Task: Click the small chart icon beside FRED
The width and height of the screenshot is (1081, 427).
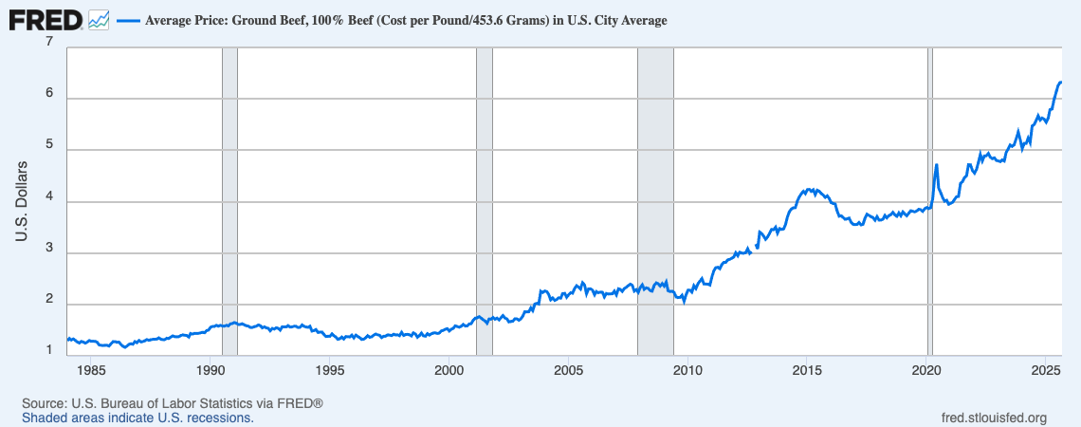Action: click(99, 19)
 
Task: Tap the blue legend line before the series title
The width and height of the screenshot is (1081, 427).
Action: click(127, 20)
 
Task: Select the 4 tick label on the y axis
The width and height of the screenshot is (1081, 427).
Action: click(49, 201)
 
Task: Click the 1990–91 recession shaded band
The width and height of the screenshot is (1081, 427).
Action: click(229, 199)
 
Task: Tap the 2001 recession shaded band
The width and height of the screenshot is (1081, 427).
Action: click(485, 199)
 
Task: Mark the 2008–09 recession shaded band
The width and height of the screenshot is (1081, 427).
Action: click(655, 199)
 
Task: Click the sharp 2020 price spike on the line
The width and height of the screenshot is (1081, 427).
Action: click(936, 165)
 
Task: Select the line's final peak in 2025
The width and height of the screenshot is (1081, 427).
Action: click(1060, 82)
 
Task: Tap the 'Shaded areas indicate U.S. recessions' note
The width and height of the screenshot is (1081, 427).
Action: click(137, 418)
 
